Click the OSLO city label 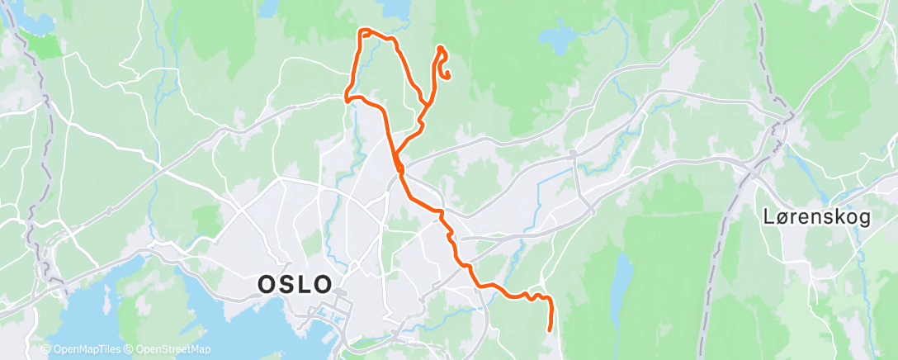click(295, 285)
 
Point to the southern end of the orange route click(550, 330)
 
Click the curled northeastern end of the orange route click(447, 78)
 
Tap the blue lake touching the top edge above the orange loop click(395, 10)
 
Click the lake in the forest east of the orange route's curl click(558, 36)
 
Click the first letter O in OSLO click(267, 285)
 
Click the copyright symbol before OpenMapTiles click(45, 349)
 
